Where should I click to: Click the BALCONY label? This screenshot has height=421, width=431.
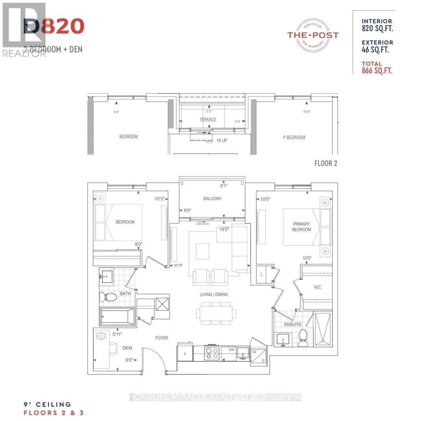pos(212,199)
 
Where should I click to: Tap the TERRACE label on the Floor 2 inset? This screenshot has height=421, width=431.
pos(207,119)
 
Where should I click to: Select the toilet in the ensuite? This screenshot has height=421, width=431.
pos(303,338)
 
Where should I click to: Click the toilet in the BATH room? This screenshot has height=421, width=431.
pos(108,297)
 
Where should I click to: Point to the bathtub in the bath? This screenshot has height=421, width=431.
pos(117,317)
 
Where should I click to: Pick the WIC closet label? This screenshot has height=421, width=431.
pos(318,287)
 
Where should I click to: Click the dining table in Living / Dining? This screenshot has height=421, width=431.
pos(216,313)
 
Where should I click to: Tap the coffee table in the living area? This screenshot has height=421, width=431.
pos(202,251)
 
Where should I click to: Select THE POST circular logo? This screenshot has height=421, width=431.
pos(313,35)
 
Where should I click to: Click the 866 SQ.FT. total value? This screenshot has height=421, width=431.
pos(377,71)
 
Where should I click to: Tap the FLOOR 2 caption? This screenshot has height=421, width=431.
pos(325,163)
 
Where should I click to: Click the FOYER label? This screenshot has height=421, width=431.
pos(162,338)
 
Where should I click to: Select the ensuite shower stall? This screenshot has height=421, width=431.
pos(323,328)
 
